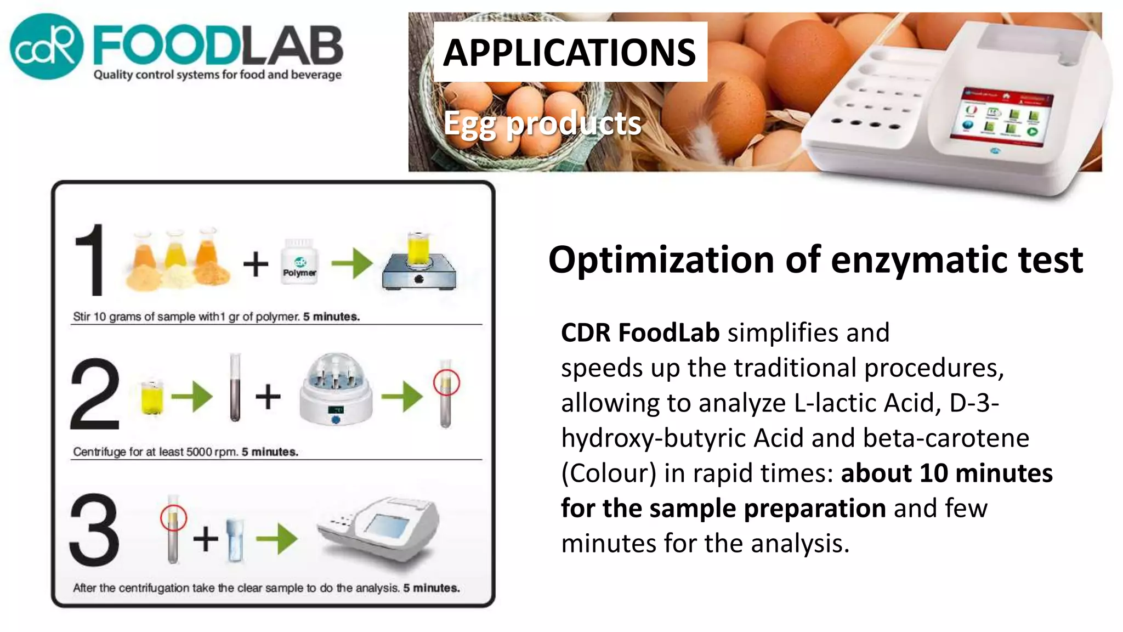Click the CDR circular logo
coord(47,47)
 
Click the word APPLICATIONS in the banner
coord(569,53)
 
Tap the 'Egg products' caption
coord(542,123)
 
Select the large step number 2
coord(95,393)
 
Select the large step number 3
coord(94,529)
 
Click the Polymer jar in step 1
coord(299,262)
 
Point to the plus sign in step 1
coord(256,264)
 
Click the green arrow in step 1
coord(352,263)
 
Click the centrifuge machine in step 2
coord(336,390)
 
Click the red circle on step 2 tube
coord(446,382)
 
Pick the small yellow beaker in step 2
coord(152,396)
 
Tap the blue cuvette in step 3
coord(235,540)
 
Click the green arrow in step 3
coord(277,539)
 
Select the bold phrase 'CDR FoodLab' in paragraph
coord(640,332)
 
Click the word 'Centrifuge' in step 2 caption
coord(99,452)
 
